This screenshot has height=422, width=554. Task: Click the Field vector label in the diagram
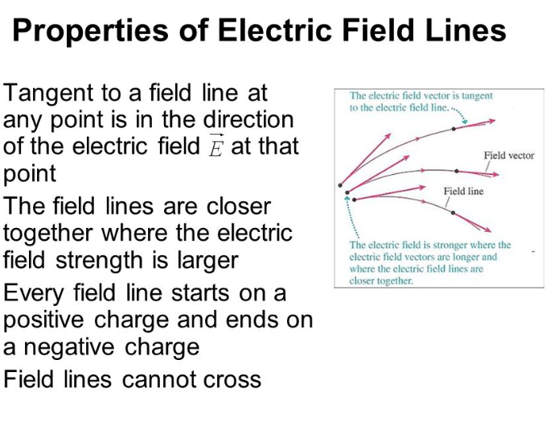(508, 155)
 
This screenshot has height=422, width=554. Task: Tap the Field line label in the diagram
(464, 191)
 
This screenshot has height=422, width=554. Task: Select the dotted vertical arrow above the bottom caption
(347, 217)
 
